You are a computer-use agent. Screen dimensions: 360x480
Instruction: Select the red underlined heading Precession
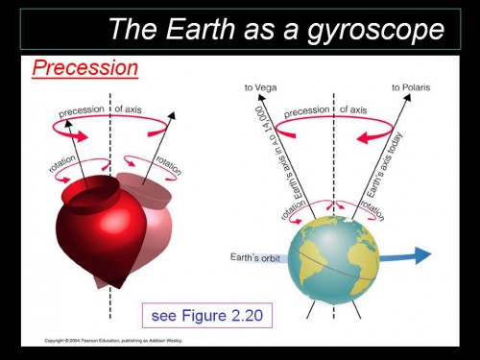tap(85, 69)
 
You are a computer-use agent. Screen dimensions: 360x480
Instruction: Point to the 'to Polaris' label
tap(410, 88)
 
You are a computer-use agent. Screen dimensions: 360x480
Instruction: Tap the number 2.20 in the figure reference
tap(245, 314)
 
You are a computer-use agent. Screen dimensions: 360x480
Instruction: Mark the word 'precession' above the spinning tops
tap(82, 113)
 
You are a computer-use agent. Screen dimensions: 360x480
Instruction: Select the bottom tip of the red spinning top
tap(116, 284)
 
